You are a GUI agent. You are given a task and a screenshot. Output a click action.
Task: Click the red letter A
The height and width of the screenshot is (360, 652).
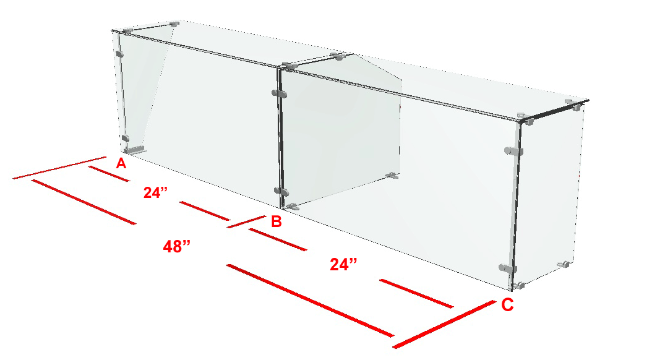click(x=121, y=163)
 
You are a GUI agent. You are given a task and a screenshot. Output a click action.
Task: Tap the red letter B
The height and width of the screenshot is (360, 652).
click(x=276, y=221)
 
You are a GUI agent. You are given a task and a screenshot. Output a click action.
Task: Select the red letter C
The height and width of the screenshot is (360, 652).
click(x=507, y=305)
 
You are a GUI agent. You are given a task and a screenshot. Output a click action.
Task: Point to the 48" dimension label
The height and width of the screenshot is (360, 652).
click(x=177, y=247)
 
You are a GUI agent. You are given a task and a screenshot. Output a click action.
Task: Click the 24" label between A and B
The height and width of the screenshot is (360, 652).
click(x=155, y=192)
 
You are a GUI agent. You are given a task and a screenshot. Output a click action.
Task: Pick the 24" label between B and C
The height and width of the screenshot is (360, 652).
click(x=343, y=264)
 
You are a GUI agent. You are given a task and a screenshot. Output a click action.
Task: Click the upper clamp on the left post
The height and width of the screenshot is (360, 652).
click(x=120, y=54)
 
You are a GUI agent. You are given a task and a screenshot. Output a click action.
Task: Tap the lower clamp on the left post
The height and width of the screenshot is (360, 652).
click(x=125, y=138)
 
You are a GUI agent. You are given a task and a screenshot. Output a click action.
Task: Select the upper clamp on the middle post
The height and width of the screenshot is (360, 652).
click(x=279, y=93)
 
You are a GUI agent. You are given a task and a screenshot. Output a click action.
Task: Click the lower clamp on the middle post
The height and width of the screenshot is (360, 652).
click(x=281, y=192)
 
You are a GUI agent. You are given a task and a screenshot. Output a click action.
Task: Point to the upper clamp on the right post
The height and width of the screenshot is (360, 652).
click(x=513, y=151)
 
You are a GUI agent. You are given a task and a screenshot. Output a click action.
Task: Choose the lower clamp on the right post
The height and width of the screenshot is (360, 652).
click(x=508, y=268)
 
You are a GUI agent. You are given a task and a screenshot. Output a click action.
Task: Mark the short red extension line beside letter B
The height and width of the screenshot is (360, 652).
click(x=247, y=221)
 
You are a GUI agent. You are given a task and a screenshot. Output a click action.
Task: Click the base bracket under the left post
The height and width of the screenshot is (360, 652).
click(x=134, y=150)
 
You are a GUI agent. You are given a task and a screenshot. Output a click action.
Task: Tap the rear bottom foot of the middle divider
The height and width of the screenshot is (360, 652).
click(x=392, y=176)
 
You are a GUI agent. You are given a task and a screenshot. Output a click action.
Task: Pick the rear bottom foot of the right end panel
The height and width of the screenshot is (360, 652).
click(x=564, y=264)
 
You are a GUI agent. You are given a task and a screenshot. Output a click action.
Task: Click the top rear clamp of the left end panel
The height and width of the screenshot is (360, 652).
click(x=174, y=24)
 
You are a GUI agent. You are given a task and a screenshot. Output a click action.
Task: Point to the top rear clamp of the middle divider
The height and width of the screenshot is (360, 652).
click(x=338, y=56)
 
